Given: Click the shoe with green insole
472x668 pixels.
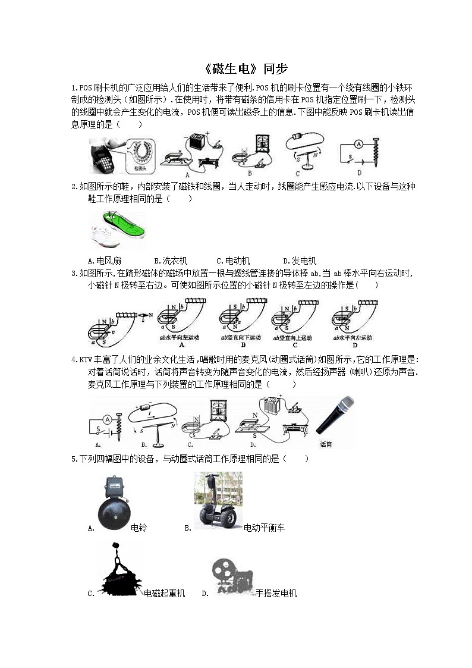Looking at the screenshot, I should pos(117,228).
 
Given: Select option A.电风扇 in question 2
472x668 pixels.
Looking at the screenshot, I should pos(105,261).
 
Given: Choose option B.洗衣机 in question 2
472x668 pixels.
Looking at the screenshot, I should pos(171,261).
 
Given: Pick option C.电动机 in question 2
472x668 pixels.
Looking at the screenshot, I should pos(233,261).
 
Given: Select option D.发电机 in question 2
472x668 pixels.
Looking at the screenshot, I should pos(300,261).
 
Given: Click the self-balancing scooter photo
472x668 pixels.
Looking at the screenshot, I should pos(218,500).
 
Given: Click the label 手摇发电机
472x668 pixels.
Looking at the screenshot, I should pos(276,593).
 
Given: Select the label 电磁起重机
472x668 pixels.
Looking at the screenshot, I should pos(165,593).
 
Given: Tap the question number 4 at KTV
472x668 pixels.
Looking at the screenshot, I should pos(74,360).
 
